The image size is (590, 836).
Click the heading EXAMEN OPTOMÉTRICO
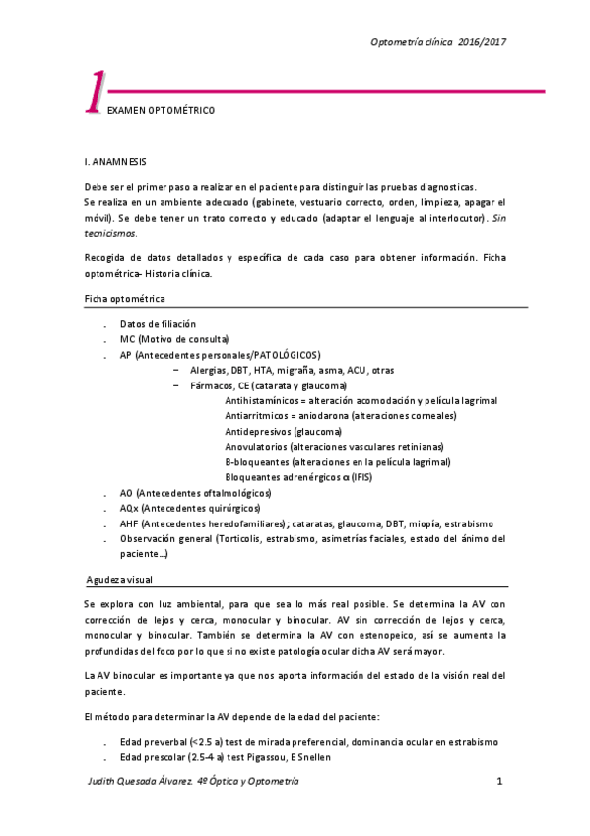(x=162, y=112)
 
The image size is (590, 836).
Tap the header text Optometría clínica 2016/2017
(x=438, y=42)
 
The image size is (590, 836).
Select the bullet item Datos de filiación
(x=158, y=324)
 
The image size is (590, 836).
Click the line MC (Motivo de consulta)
(x=173, y=339)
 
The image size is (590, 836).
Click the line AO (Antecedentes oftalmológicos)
(x=195, y=493)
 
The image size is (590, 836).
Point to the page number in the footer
(x=500, y=781)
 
